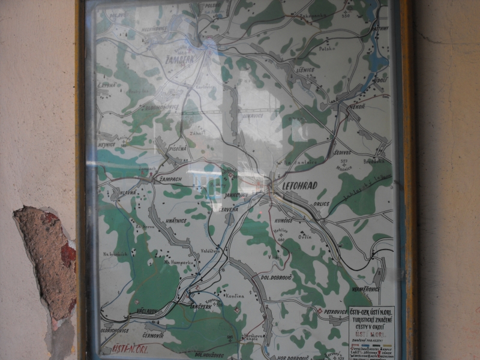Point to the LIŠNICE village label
coord(305,70)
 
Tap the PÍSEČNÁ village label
coord(178,148)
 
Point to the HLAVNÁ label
coord(128,192)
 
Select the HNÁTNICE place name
coord(176,221)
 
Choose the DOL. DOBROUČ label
coord(275,278)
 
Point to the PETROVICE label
coord(334,313)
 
